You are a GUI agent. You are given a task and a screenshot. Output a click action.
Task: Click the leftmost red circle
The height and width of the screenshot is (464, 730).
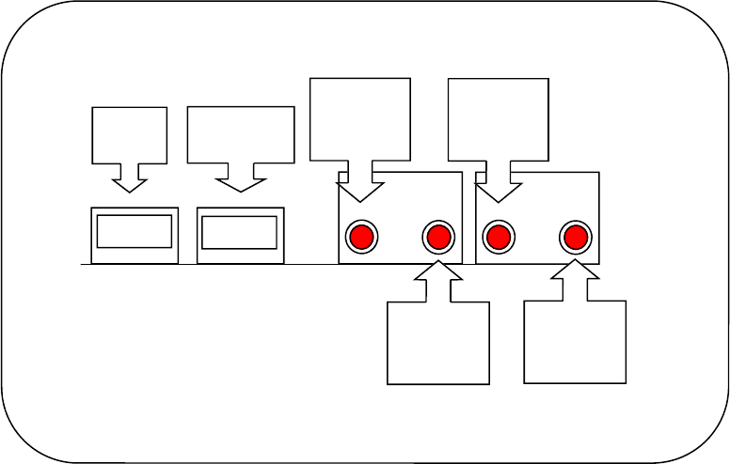pyautogui.click(x=361, y=238)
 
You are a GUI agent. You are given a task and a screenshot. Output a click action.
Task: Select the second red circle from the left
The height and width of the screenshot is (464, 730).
pyautogui.click(x=438, y=238)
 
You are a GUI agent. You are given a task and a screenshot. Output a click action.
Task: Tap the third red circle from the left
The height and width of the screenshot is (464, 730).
pyautogui.click(x=499, y=238)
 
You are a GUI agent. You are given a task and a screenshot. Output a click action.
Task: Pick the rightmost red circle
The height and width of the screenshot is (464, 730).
pyautogui.click(x=576, y=238)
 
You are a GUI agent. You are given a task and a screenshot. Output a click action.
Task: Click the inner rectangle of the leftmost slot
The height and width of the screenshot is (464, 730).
pyautogui.click(x=134, y=231)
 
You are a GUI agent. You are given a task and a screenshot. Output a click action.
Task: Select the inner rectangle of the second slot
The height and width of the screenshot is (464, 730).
pyautogui.click(x=239, y=232)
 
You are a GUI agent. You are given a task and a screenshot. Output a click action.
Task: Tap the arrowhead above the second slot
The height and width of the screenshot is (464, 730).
pyautogui.click(x=241, y=182)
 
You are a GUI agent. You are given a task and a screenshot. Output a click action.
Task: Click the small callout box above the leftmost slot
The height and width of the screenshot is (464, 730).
pyautogui.click(x=129, y=133)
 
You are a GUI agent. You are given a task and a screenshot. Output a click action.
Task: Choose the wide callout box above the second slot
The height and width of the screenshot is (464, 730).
pyautogui.click(x=241, y=133)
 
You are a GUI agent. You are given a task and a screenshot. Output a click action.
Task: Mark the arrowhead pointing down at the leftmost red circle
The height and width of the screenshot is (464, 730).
pyautogui.click(x=360, y=192)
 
